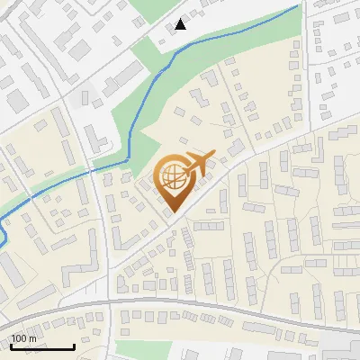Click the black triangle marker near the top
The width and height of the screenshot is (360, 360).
click(x=181, y=24)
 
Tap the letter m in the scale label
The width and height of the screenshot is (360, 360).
click(x=33, y=338)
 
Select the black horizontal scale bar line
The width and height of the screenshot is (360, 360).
click(x=40, y=346)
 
